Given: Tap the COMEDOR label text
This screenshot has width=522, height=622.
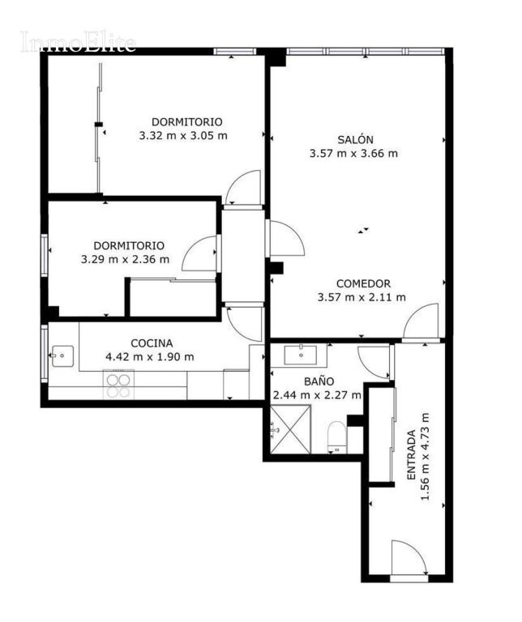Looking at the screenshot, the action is click(x=363, y=283).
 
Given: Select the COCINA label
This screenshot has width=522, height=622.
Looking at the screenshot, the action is click(x=152, y=343).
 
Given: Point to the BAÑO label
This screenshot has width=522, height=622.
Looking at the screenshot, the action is click(x=319, y=381).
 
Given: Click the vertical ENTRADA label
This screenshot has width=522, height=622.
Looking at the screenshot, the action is click(x=412, y=454).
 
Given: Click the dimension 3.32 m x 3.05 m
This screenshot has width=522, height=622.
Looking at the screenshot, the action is click(x=183, y=136).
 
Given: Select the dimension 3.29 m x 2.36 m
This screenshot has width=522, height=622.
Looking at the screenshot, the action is click(x=125, y=259).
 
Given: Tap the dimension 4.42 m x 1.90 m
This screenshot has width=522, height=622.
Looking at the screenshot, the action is click(x=150, y=357).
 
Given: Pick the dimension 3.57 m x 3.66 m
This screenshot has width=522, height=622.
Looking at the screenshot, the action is click(x=353, y=154).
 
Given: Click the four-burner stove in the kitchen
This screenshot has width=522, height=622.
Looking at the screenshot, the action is click(x=118, y=385).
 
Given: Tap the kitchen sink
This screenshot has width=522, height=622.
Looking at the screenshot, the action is click(x=62, y=356).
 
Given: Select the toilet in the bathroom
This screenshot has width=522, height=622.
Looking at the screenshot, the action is click(x=337, y=437).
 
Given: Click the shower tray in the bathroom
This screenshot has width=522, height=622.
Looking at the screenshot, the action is click(x=290, y=429).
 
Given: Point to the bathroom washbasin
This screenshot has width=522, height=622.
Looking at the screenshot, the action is click(x=301, y=355).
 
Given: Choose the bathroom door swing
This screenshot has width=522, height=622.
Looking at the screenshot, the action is click(x=373, y=362).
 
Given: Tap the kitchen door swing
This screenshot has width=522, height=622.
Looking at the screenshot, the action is click(x=244, y=324).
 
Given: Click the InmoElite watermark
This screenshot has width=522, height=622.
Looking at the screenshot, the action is click(x=78, y=41).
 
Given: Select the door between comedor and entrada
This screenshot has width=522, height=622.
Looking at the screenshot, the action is click(x=421, y=322).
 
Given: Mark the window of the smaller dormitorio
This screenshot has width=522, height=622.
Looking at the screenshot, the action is click(x=45, y=255).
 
